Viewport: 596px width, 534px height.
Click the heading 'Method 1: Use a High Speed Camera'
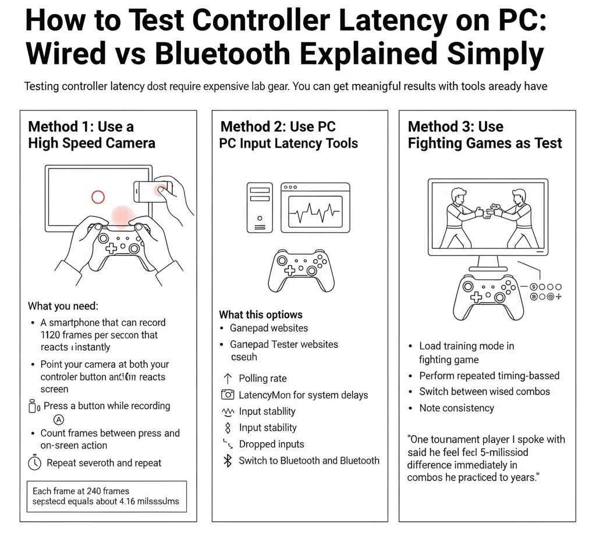tap(91, 135)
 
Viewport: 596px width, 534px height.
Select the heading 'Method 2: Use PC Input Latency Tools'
tap(288, 135)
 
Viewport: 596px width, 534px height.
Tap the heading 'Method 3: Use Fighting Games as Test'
tap(484, 135)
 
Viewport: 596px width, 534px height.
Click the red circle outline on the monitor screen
tap(98, 197)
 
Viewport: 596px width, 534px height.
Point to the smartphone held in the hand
tap(154, 191)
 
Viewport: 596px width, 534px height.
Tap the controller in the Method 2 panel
tap(301, 269)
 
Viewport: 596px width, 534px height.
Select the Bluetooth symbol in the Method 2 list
tap(228, 461)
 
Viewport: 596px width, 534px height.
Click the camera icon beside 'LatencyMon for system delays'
tap(228, 395)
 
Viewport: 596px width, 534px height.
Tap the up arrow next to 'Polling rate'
tap(228, 378)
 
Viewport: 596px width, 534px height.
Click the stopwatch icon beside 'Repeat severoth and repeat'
tap(35, 463)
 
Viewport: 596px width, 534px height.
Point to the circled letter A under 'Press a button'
tap(58, 419)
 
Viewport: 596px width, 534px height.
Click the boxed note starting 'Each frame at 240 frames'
tap(107, 496)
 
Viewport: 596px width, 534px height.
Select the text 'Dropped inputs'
tap(271, 444)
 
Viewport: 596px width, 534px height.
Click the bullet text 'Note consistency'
tap(456, 408)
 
